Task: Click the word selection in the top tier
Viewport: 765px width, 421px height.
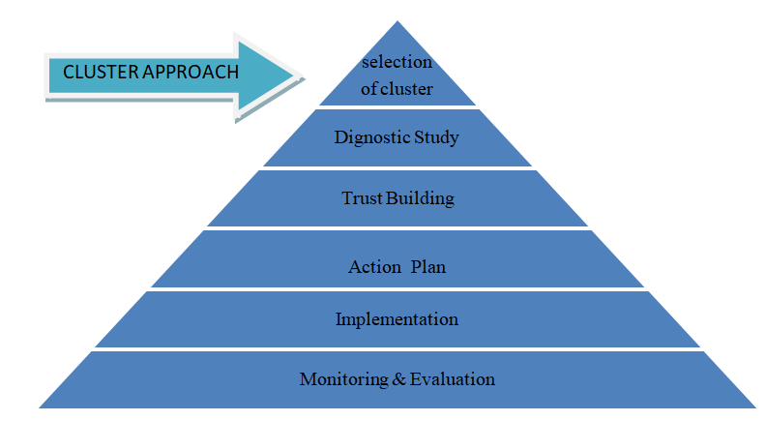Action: (x=397, y=63)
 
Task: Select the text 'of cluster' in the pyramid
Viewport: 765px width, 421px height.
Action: (x=397, y=89)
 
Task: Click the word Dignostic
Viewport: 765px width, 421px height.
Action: (x=369, y=137)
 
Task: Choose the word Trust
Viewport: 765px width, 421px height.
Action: (x=362, y=199)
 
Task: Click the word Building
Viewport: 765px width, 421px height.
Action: (x=420, y=200)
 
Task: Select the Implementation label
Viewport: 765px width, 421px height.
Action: (x=397, y=319)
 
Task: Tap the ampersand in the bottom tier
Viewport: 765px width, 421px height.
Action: (x=398, y=378)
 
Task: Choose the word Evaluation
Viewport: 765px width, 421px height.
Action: (x=452, y=378)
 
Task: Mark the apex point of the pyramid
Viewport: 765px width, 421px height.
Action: (x=397, y=21)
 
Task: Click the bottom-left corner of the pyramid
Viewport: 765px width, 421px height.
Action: (x=39, y=407)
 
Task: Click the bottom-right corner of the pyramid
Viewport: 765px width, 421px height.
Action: (x=756, y=407)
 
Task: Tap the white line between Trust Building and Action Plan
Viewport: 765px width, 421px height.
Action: (x=397, y=228)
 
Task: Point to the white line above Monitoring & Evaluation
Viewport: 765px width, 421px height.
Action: (x=397, y=349)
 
